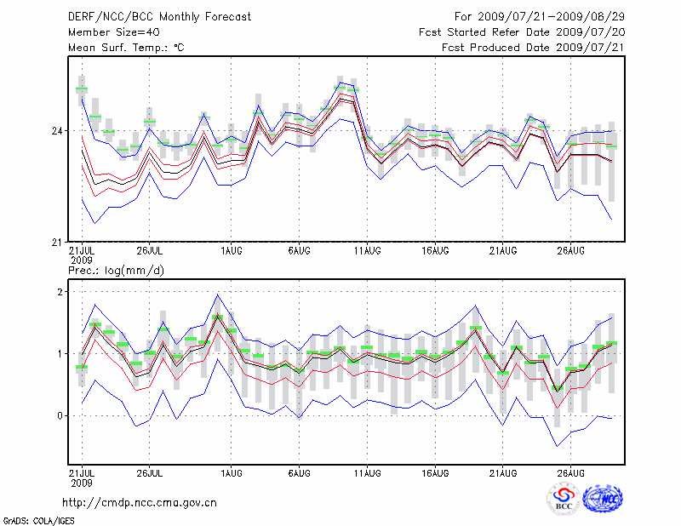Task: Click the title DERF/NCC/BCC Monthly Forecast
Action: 160,16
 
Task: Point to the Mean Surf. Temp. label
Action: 126,47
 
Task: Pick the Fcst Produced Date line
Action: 533,47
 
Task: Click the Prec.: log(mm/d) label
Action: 116,271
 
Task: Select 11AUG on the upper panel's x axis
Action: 367,251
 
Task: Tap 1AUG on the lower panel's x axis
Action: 231,472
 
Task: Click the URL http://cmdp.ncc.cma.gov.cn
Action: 140,502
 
